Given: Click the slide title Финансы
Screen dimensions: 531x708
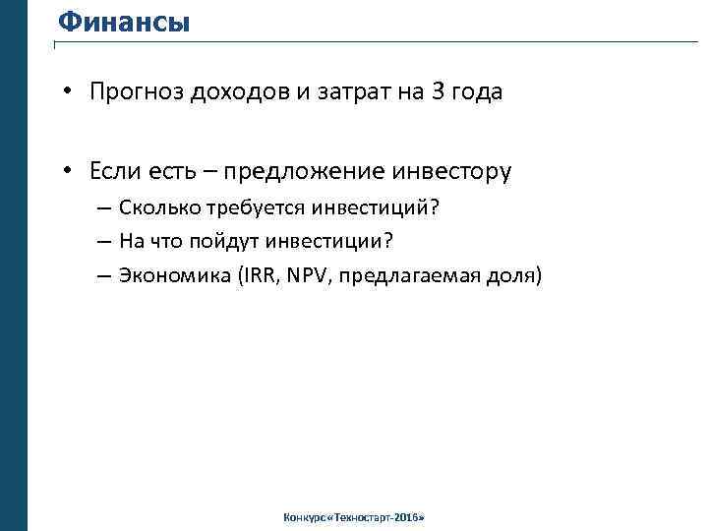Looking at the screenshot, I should (123, 21).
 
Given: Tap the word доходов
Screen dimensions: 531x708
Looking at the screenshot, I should (236, 92).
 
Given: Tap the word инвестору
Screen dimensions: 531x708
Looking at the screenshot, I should (451, 172).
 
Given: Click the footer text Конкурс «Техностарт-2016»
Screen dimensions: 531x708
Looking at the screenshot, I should (353, 517).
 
